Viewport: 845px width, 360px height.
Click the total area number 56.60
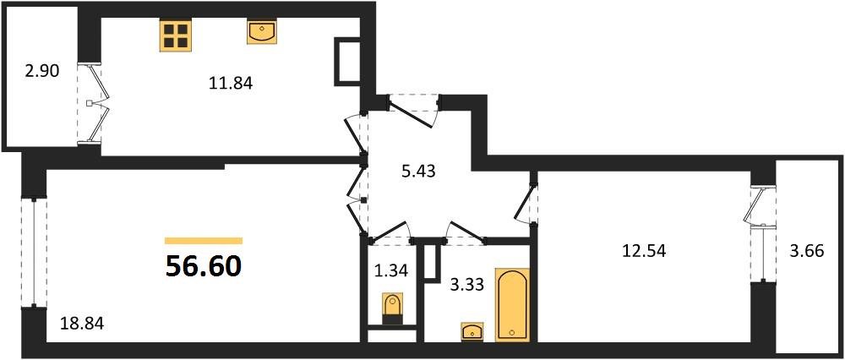point(203,266)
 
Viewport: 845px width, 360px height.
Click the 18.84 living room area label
point(82,324)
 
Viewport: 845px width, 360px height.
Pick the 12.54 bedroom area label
point(644,250)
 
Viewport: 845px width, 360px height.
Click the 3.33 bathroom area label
point(466,285)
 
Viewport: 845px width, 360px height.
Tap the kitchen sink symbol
point(262,32)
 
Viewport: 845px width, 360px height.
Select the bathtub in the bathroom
point(513,304)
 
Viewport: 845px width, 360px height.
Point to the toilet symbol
point(392,308)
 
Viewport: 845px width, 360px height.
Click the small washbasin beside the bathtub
point(472,331)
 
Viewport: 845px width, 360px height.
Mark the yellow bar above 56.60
point(204,241)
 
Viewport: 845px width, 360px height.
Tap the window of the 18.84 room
point(34,252)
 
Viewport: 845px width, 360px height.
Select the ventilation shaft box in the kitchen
point(348,62)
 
